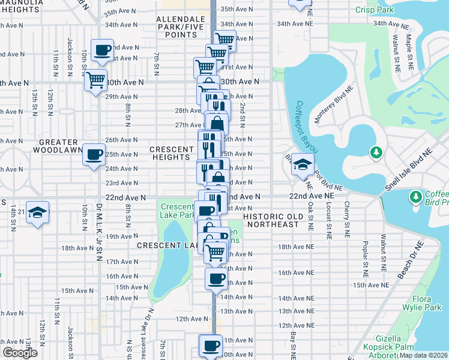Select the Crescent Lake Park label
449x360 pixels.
176,211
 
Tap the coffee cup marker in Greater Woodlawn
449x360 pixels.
94,155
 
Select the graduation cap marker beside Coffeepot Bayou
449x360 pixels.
303,164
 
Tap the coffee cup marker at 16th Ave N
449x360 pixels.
217,278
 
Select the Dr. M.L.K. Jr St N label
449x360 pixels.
99,225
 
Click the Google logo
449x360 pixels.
20,352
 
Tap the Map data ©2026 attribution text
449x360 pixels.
424,355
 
